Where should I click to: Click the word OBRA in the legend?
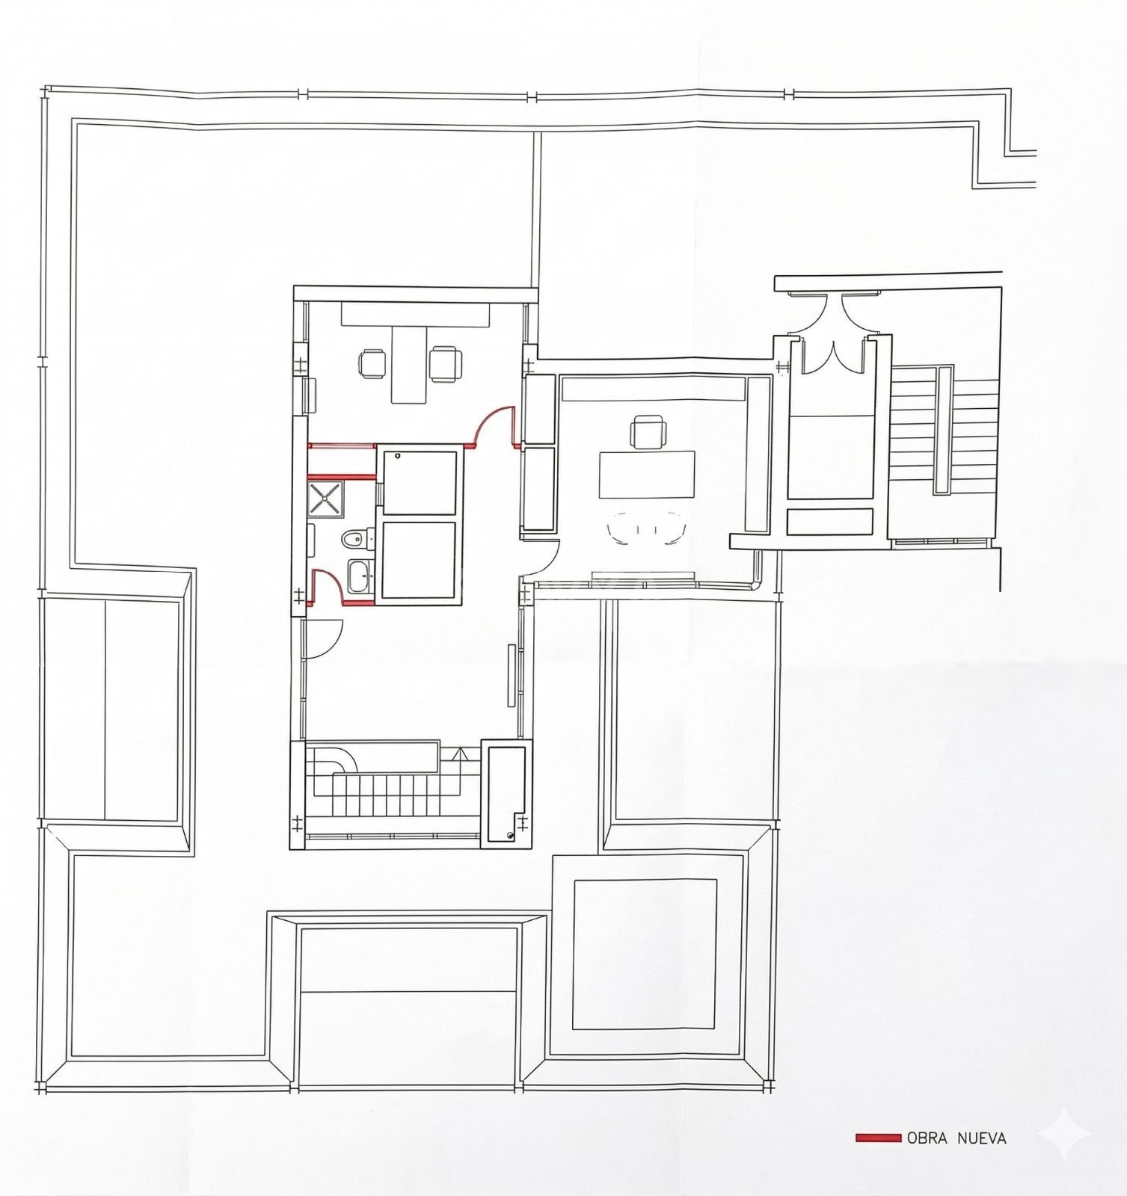click(927, 1138)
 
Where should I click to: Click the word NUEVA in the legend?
click(982, 1138)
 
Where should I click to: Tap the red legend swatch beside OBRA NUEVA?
click(878, 1138)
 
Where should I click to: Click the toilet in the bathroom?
click(354, 537)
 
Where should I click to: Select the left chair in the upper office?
click(373, 363)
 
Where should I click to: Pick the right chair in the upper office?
click(445, 363)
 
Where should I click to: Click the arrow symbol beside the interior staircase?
click(458, 755)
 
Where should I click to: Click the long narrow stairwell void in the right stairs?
click(943, 429)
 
